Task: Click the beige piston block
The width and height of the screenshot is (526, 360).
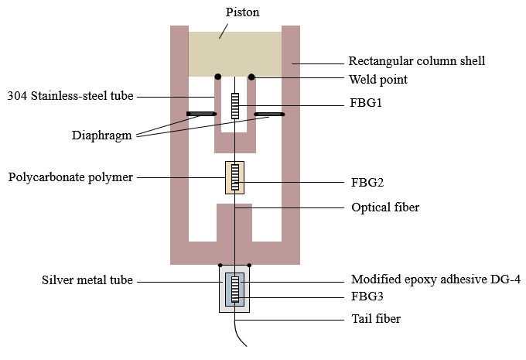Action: coord(235,53)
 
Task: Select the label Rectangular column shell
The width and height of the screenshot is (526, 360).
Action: coord(416,60)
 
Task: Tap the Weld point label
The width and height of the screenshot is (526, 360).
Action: coord(377,79)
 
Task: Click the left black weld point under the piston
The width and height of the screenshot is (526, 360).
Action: coord(218,77)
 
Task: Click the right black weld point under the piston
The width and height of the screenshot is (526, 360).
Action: coord(251,77)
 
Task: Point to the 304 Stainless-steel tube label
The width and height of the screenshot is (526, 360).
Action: coord(70,96)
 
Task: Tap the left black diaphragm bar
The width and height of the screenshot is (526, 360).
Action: coord(200,115)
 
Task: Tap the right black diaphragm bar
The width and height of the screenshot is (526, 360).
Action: coord(270,115)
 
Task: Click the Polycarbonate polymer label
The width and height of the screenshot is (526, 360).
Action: coord(70,177)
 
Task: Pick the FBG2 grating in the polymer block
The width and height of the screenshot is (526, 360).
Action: coord(234,177)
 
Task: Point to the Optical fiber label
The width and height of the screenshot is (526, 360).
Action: coord(384,207)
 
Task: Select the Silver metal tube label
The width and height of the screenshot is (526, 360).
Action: coord(89,279)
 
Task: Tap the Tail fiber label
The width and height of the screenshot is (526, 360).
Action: coord(376,317)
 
